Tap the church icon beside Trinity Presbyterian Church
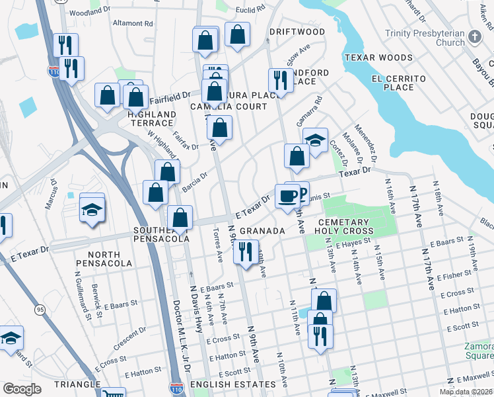pos(474,38)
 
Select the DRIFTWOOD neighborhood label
pos(297,32)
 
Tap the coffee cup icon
pos(287,196)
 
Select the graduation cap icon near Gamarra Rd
pos(316,140)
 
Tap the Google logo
pos(22,389)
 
